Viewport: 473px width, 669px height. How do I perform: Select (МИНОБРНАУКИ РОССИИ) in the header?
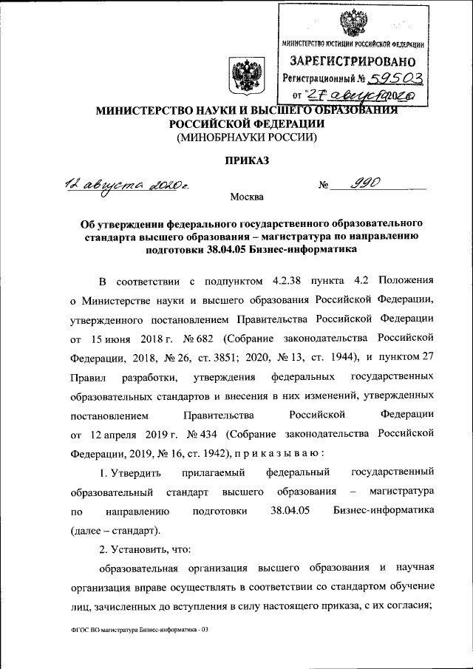[245, 137]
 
